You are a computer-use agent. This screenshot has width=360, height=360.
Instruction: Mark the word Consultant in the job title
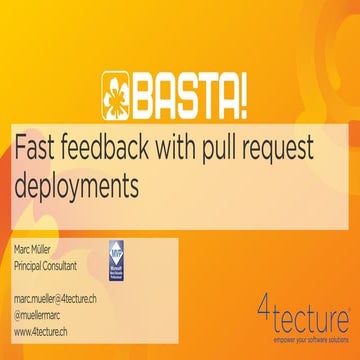[x=70, y=265]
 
